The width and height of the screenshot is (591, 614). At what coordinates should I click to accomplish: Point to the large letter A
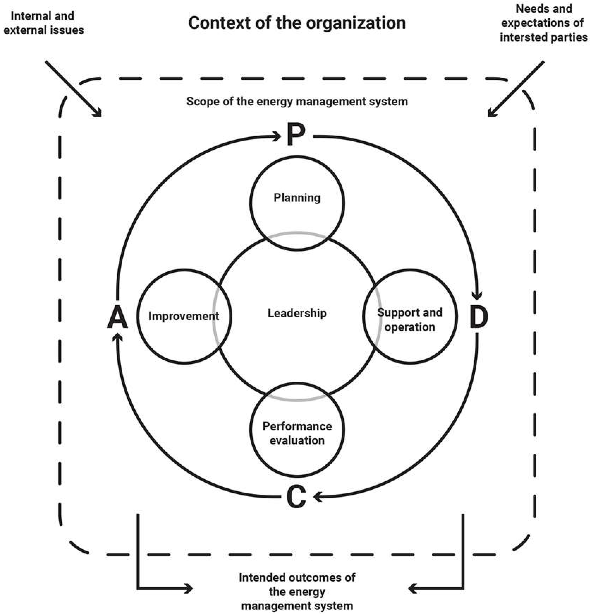(x=117, y=317)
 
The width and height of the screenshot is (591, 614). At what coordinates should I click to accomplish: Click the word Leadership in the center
(x=297, y=313)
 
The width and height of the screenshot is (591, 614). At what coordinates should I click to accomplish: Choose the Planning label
(x=297, y=198)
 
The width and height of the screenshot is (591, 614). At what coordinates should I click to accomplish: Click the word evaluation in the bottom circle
(x=297, y=440)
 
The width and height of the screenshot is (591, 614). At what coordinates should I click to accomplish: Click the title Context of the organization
(x=297, y=23)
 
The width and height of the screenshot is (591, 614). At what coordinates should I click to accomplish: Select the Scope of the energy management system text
(x=297, y=101)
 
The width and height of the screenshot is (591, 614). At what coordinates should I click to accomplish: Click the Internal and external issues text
(x=43, y=23)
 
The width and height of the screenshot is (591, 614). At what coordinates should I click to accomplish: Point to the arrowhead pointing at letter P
(x=277, y=137)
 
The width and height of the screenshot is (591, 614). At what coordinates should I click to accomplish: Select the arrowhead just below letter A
(x=117, y=338)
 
